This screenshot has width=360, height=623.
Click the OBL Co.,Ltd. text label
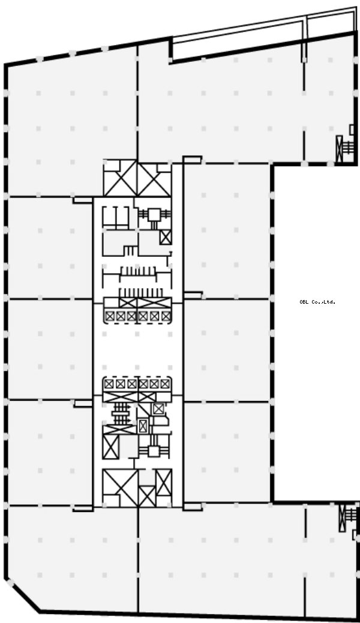pos(317,302)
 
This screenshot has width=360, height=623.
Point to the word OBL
pos(304,302)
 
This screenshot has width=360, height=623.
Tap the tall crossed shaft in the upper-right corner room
pos(339,149)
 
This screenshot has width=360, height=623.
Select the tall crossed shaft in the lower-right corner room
pos(342,518)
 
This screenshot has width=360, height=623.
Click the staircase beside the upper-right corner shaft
pos(347,148)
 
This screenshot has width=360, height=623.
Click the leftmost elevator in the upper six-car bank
pos(110,316)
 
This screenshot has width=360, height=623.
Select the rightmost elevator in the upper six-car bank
pos(166,316)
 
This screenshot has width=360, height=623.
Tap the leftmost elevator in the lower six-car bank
pos(109,384)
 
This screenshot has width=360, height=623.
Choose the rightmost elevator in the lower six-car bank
pos(165,384)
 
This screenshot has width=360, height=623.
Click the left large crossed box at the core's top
pos(120,178)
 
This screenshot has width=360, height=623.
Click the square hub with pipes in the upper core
pos(154,215)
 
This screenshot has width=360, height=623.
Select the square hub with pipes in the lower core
pos(154,451)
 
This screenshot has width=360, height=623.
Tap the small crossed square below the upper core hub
pos(166,237)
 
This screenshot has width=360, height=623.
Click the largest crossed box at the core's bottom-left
pos(120,487)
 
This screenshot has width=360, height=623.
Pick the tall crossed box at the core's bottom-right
pos(164,482)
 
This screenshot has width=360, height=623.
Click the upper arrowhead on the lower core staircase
pos(128,412)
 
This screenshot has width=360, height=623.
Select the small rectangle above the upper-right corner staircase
pos(352,130)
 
